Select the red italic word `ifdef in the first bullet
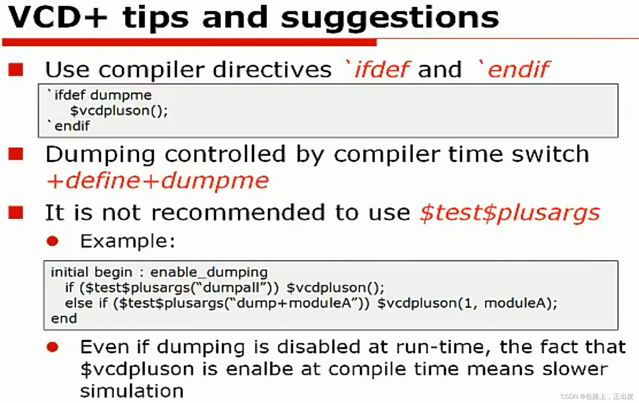coord(377,69)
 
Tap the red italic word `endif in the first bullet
coord(514,69)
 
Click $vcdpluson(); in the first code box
coord(119,111)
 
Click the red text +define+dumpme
coord(158,180)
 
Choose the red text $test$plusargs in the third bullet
coord(510,212)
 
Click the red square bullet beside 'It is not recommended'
coord(16,212)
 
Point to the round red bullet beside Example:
coord(52,241)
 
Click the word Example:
coord(128,241)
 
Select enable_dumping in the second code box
coord(209,272)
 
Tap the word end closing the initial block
coord(64,319)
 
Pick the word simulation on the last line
coord(132,391)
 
